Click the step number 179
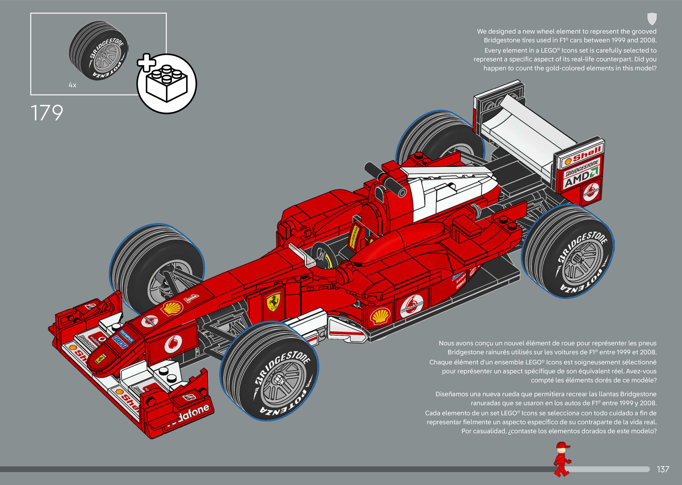(x=47, y=113)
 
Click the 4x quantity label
(x=72, y=85)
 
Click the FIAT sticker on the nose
(x=119, y=342)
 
